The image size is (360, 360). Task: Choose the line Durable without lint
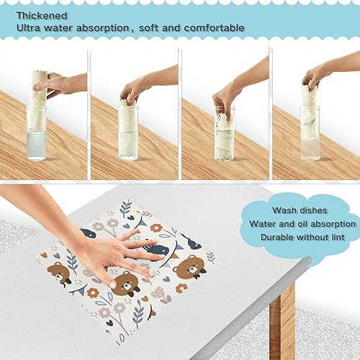[302, 237]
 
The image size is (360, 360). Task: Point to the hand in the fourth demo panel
[317, 76]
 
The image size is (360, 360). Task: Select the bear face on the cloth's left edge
[59, 273]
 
